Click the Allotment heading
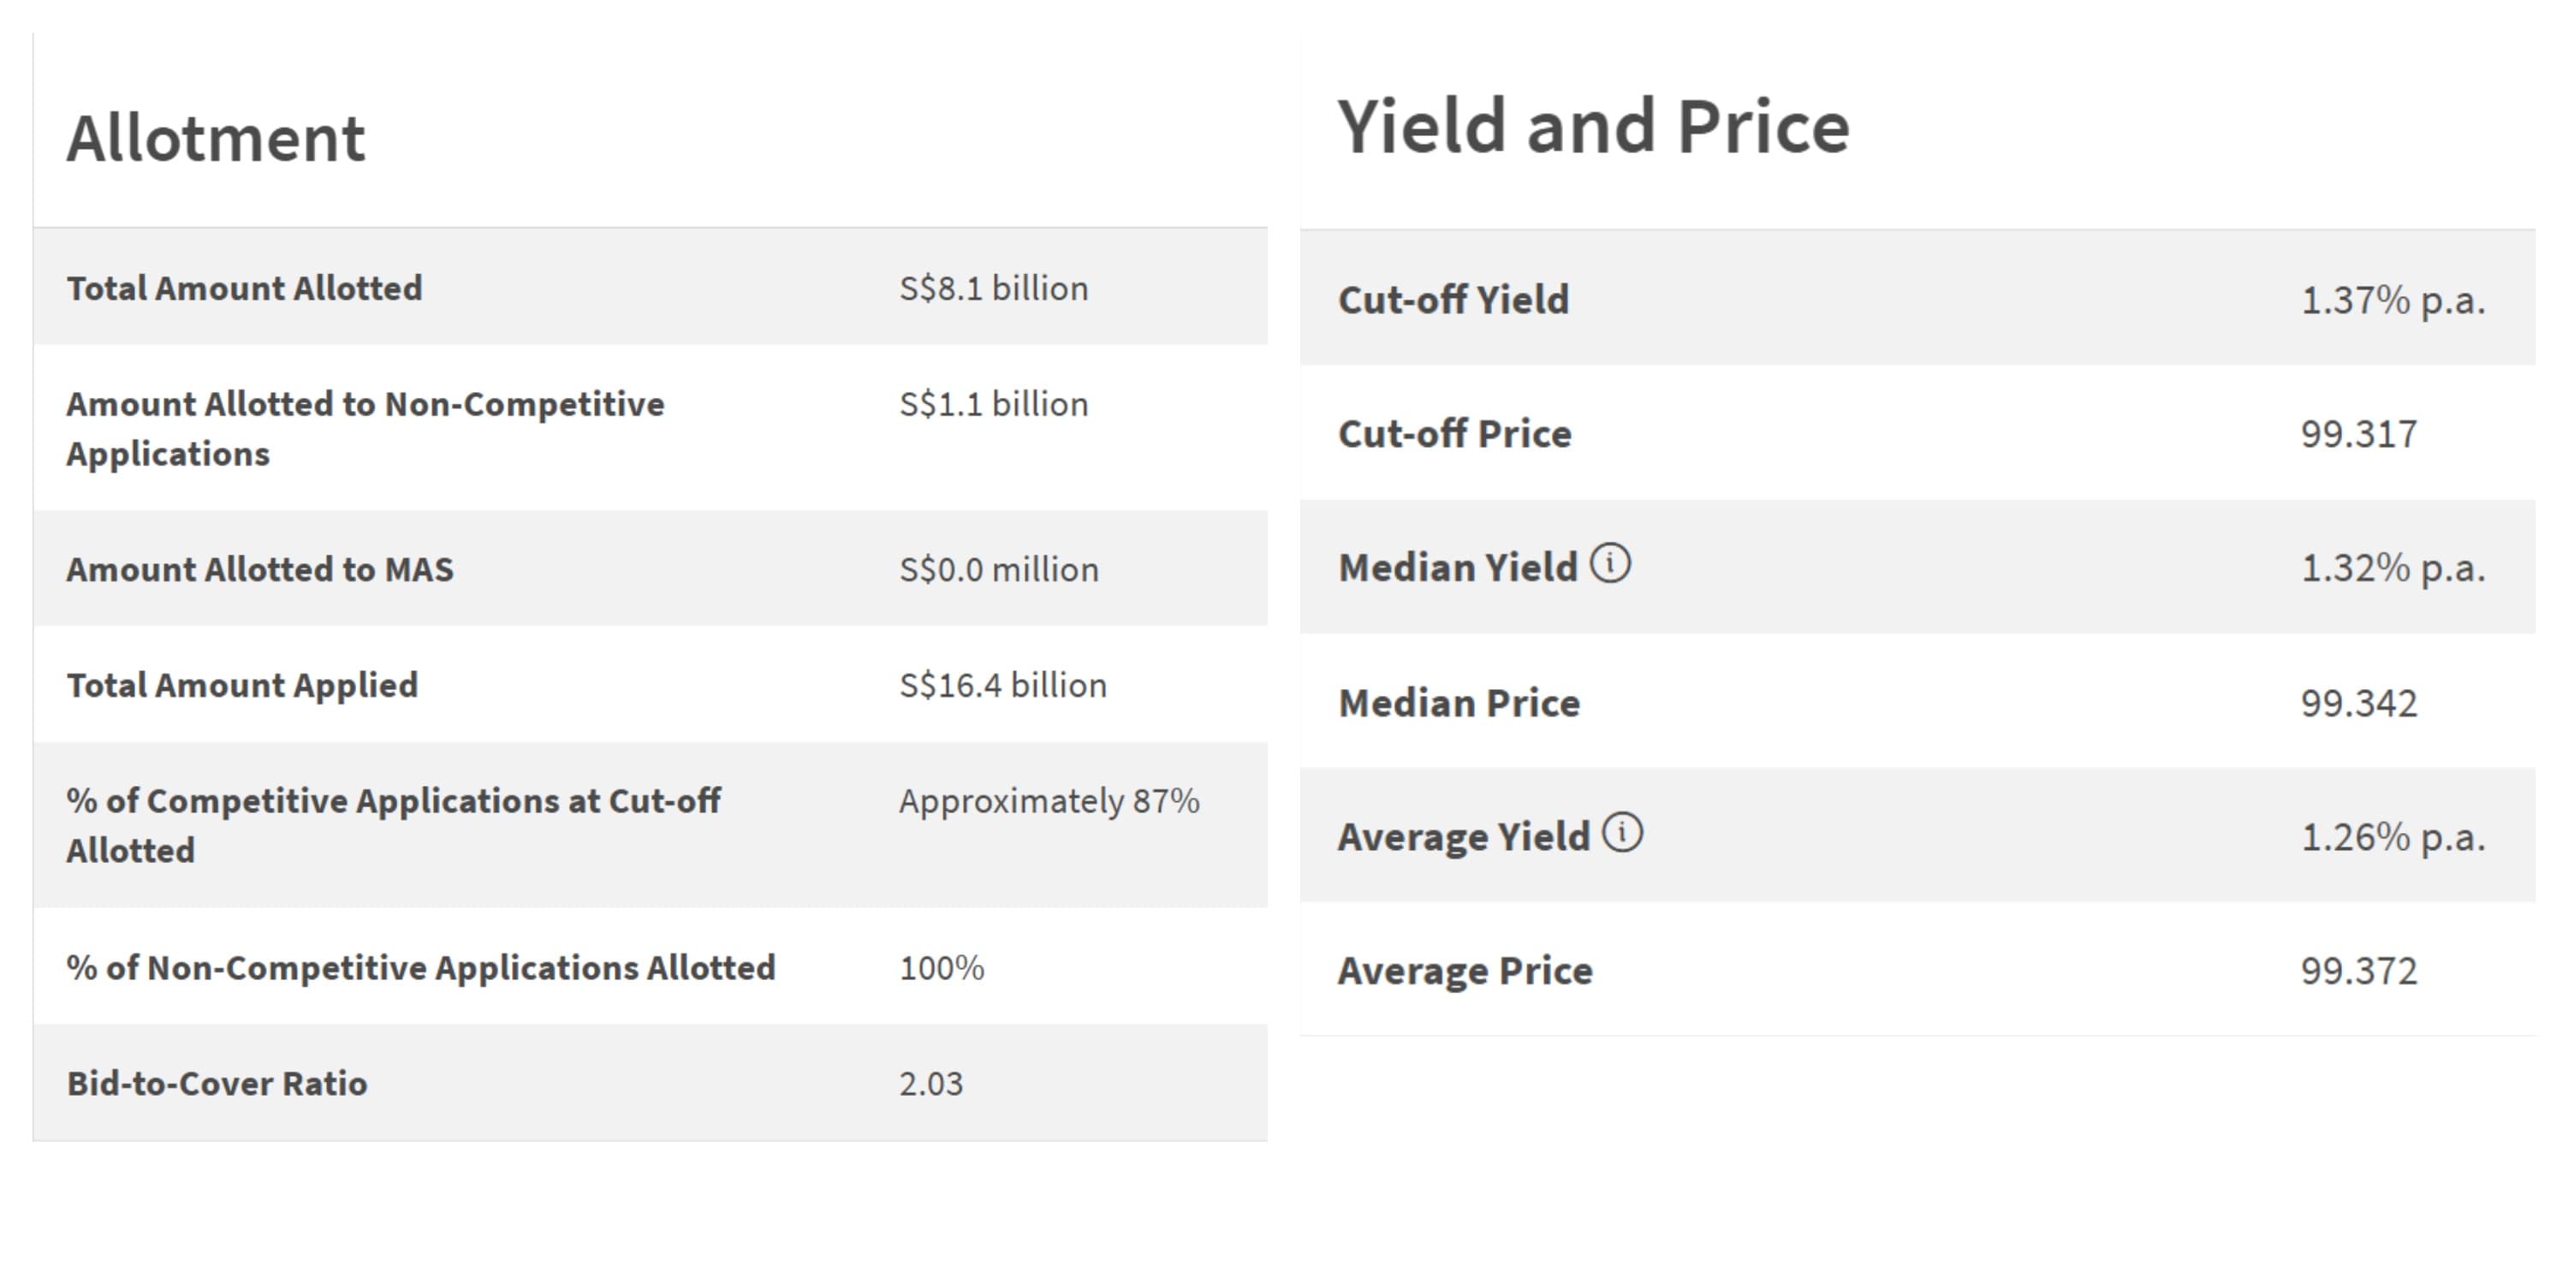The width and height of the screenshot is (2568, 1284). (x=216, y=138)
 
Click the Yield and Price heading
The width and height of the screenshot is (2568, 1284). (x=1592, y=128)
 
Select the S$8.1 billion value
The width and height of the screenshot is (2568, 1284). (x=993, y=288)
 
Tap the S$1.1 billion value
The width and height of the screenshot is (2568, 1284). (x=993, y=404)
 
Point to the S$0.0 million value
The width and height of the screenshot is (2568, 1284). (x=998, y=569)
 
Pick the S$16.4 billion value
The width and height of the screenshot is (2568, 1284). (x=1002, y=685)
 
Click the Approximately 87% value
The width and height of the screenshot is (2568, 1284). (x=1049, y=800)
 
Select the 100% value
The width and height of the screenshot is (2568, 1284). (x=941, y=967)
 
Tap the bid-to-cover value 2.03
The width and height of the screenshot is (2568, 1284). (x=930, y=1083)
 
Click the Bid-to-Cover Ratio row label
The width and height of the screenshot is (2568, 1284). (x=217, y=1083)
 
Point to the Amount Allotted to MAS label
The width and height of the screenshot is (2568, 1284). (x=259, y=569)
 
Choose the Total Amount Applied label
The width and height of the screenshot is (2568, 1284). (x=242, y=685)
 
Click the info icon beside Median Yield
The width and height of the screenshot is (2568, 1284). (x=1610, y=563)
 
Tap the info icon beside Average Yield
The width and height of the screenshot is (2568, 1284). (x=1622, y=832)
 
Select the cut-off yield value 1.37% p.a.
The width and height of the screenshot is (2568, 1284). (x=2393, y=300)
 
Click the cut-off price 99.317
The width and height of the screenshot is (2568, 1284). (x=2358, y=434)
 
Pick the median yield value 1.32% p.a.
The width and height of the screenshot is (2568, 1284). (x=2393, y=568)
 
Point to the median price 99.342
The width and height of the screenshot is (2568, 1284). (x=2358, y=703)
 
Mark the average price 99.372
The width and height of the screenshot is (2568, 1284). (x=2358, y=970)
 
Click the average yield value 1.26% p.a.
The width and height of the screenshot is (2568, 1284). (x=2393, y=837)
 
